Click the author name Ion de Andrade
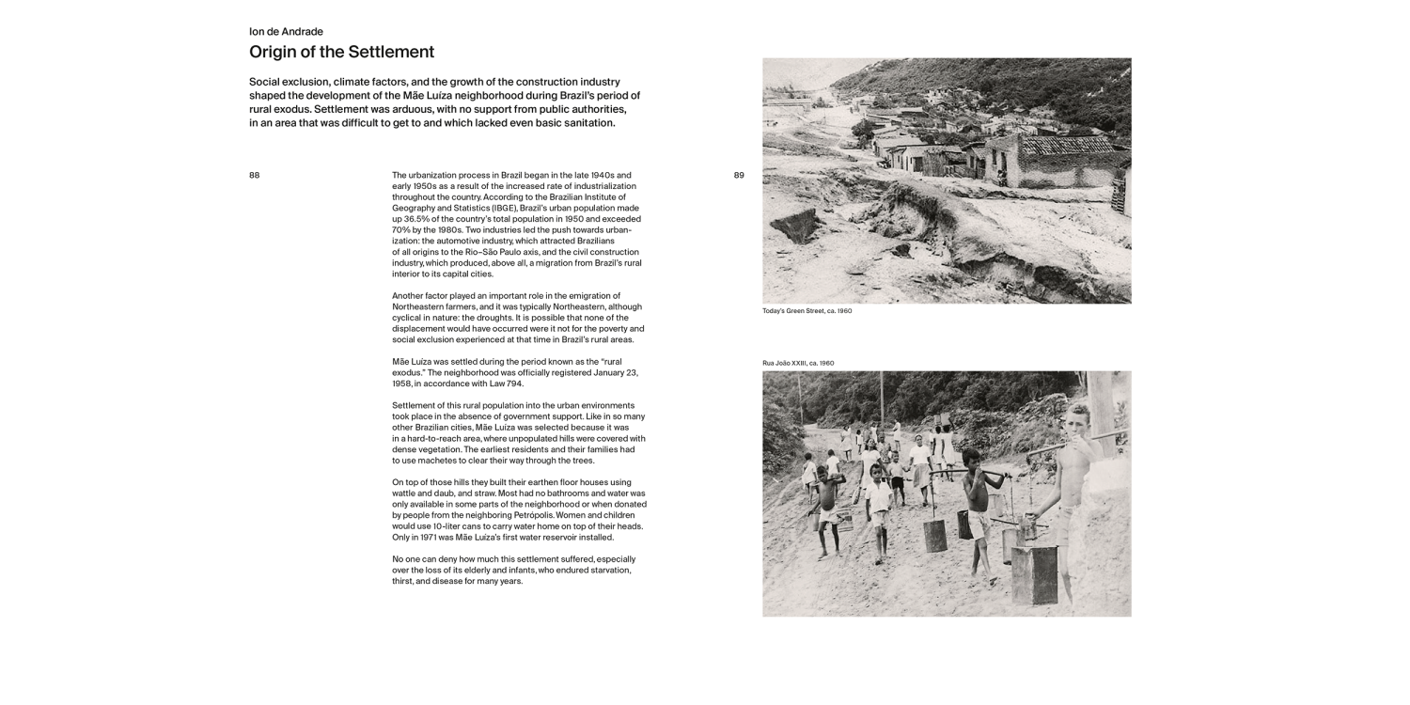pos(286,31)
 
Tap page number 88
pos(254,175)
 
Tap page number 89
pos(738,175)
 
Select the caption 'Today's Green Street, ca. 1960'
pos(807,310)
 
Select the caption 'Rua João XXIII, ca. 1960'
pos(798,363)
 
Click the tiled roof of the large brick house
pos(1066,146)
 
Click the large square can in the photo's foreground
pos(1034,573)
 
